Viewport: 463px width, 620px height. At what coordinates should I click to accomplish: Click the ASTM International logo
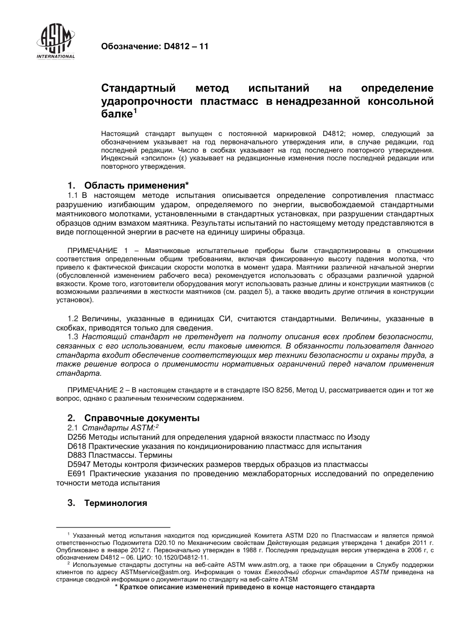pos(56,41)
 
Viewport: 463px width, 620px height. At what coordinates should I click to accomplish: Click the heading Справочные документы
pos(141,418)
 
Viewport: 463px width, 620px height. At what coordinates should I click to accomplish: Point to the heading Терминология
pos(116,503)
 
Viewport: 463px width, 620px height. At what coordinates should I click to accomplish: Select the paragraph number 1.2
pos(73,318)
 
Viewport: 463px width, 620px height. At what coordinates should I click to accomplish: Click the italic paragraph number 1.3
pos(73,336)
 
